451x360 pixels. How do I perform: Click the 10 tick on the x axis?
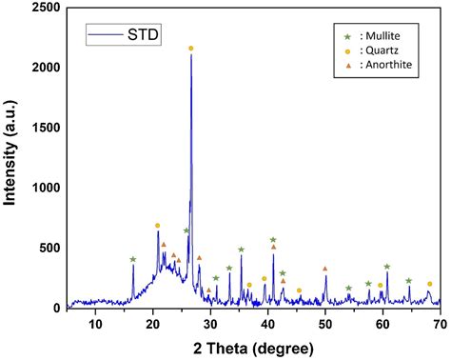tap(95, 326)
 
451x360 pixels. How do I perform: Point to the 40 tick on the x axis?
tap(267, 326)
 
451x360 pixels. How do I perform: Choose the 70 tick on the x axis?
tap(440, 326)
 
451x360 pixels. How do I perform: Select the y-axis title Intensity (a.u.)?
tap(11, 157)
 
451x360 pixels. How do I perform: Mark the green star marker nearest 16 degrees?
tap(133, 259)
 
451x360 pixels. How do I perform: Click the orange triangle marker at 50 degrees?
tap(325, 269)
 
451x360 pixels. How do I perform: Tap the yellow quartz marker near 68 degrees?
tap(429, 284)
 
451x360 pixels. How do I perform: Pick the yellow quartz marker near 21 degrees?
tap(158, 226)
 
